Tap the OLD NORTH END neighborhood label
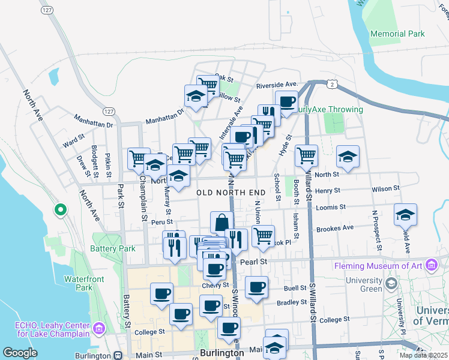click(231, 192)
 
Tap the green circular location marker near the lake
click(60, 210)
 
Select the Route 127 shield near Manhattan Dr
click(108, 112)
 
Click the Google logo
click(20, 353)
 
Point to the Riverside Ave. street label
click(277, 85)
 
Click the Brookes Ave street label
click(335, 229)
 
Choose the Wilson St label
click(385, 188)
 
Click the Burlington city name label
click(222, 353)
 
